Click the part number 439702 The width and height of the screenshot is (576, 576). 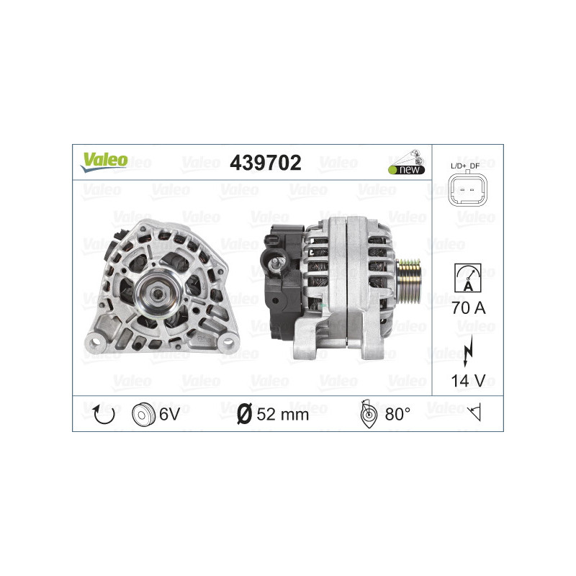tap(265, 163)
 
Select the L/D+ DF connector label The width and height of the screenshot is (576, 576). tap(467, 167)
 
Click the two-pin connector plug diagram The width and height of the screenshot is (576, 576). tap(467, 192)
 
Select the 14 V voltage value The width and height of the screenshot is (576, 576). tap(467, 379)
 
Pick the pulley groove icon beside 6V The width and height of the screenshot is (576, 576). tap(143, 414)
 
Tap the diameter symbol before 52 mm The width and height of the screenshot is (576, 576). tap(244, 414)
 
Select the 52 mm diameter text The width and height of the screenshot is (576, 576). tap(282, 414)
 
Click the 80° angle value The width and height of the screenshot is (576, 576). tap(397, 414)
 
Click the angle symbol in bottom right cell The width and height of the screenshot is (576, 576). tap(474, 413)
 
